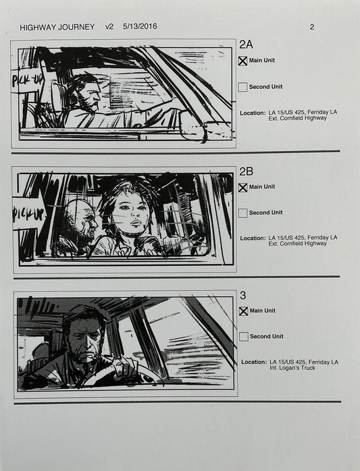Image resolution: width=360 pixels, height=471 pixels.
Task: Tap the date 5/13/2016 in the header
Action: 140,28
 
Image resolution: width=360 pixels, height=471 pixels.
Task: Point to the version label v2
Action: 109,28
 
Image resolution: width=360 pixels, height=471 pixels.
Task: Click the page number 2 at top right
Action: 311,28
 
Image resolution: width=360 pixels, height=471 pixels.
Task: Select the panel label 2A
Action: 247,45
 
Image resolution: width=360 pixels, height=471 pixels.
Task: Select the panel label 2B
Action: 247,171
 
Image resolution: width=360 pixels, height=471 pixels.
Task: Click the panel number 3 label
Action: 242,296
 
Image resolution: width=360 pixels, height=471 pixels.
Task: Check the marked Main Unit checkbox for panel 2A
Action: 242,61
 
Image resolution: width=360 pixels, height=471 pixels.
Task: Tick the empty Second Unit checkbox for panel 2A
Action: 242,87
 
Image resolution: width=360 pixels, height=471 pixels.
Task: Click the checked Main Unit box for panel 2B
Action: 242,187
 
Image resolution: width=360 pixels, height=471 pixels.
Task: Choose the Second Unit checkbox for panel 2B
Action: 242,213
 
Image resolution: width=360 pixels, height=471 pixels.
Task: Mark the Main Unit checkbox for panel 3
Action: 242,311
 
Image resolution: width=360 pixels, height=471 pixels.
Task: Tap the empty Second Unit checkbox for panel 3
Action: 242,337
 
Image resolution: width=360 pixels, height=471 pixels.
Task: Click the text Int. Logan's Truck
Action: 297,368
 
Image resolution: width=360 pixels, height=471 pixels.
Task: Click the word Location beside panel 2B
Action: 252,238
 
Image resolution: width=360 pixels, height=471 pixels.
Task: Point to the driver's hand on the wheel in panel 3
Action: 126,368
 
